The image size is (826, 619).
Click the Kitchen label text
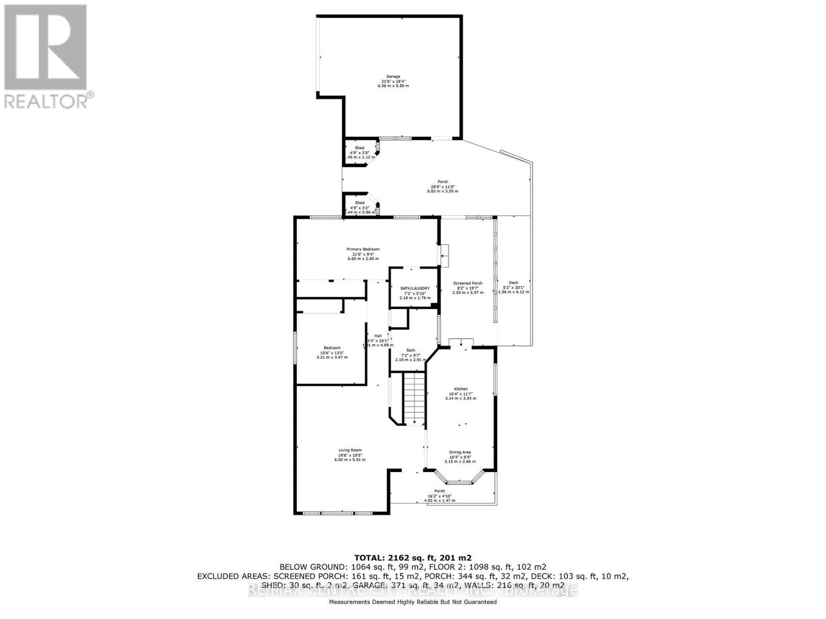click(x=460, y=388)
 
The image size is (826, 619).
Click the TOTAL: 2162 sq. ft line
click(x=412, y=558)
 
